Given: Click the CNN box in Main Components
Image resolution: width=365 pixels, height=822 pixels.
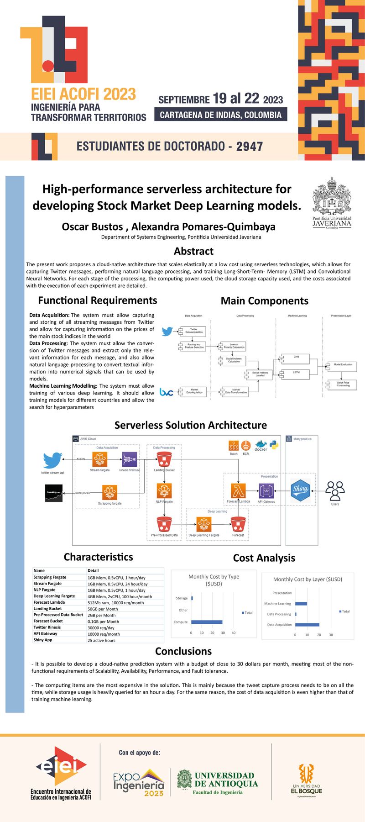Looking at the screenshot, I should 297,357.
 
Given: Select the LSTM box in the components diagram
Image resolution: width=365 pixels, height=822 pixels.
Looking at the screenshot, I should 297,373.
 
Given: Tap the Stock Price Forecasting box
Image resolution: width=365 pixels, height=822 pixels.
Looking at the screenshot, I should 343,385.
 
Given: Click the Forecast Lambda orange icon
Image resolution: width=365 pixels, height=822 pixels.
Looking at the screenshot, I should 238,490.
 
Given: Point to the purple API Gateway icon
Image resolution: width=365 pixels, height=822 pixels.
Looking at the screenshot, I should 266,491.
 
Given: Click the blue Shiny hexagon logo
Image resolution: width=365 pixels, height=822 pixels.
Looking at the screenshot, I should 300,489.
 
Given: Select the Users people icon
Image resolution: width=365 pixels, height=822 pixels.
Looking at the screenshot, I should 335,491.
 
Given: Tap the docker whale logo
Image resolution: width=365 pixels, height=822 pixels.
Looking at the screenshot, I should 261,446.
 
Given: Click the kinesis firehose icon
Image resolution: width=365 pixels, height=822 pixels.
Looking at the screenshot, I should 130,459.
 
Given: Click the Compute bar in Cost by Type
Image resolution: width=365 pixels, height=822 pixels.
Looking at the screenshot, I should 207,622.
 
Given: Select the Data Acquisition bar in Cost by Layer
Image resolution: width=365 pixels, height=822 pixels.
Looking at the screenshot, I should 307,624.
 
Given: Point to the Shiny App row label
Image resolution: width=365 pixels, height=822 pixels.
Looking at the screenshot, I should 43,640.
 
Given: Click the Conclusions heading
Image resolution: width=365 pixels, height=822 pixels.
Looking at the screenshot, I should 183,651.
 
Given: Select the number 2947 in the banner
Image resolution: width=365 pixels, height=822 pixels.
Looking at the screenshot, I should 250,147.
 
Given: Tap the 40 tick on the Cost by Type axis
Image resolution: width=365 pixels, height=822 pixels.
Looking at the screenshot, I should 234,632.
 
